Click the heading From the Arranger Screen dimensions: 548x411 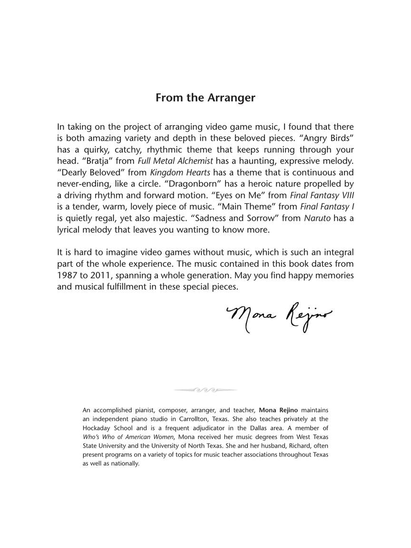coord(205,98)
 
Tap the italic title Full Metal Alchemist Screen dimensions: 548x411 coord(175,161)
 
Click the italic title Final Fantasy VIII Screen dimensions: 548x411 coord(327,195)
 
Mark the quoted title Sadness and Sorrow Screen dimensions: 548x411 coord(237,218)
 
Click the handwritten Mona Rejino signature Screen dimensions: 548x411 coord(279,316)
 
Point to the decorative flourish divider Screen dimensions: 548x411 coord(205,390)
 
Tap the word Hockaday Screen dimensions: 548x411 coord(98,428)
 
